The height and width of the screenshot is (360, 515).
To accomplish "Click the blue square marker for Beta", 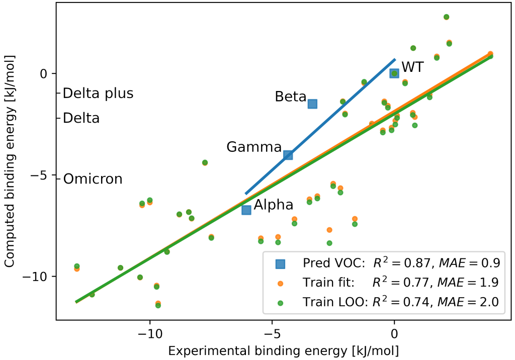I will (312, 104).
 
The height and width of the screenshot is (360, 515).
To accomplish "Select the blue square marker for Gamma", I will (288, 155).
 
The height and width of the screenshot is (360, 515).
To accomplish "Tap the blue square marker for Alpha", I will (246, 210).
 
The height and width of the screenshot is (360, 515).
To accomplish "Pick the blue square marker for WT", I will (394, 73).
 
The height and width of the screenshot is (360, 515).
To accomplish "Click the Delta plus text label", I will (98, 94).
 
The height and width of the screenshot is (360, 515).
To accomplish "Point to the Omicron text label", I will (93, 179).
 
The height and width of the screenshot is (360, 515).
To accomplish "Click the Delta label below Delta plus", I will (81, 118).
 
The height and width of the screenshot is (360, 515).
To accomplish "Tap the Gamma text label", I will (254, 147).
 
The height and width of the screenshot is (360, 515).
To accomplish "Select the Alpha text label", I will (273, 205).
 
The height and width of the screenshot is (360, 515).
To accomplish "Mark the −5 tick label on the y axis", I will (42, 175).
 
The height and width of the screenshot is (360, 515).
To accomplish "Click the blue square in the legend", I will (280, 263).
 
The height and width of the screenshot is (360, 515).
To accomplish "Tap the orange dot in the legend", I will (280, 283).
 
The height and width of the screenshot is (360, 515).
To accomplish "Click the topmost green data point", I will (446, 17).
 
